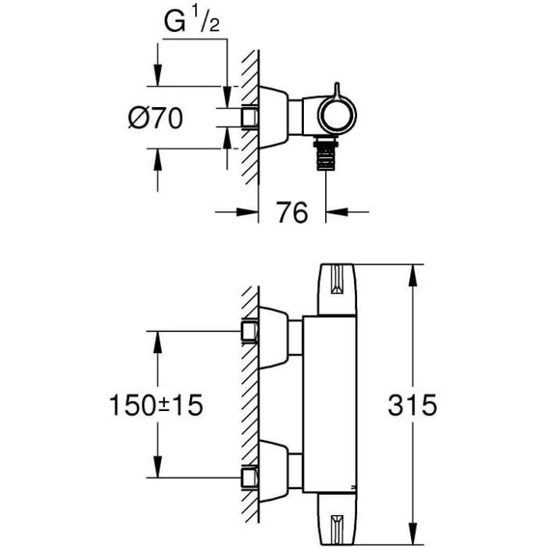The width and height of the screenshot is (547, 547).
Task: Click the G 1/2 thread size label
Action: point(191,24)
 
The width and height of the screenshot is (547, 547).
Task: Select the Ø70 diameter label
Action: point(155,119)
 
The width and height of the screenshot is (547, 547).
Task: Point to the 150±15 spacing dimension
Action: point(156,405)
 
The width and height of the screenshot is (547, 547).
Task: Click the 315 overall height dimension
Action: point(412,405)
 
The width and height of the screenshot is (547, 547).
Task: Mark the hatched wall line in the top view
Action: point(250,117)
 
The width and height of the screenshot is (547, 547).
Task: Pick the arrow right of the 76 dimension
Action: point(337,210)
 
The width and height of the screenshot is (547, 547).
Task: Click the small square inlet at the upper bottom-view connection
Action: point(249,331)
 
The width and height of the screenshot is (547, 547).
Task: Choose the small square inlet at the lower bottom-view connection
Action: point(249,477)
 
